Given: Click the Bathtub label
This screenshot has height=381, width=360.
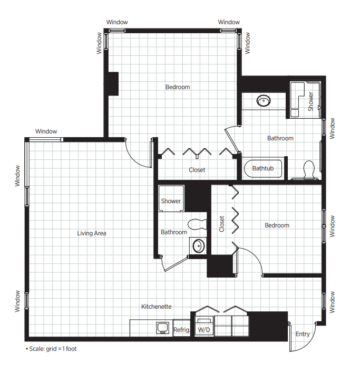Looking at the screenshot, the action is [263, 168].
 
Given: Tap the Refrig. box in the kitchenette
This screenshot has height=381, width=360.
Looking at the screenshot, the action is [181, 328].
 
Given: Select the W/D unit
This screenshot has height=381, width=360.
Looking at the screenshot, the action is [204, 326].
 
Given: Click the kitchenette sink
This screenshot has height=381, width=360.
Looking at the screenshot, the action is [163, 328].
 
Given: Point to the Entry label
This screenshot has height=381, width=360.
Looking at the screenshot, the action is [303, 334].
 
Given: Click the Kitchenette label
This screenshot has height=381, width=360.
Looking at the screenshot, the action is [157, 307].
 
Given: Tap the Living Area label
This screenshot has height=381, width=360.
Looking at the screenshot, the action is [92, 233].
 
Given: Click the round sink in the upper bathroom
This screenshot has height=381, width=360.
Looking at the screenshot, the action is [264, 101].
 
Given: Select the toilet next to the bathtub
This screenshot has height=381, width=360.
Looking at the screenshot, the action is [309, 169].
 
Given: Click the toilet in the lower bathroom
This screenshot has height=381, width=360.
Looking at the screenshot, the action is [197, 224].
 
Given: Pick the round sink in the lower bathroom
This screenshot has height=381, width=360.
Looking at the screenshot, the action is [198, 246].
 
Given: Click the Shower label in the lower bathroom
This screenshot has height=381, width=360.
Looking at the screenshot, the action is [171, 201].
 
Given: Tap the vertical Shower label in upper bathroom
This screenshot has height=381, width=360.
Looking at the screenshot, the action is [311, 101].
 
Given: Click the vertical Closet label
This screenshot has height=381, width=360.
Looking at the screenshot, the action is [221, 224].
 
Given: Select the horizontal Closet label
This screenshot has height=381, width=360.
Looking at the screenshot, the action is [197, 170].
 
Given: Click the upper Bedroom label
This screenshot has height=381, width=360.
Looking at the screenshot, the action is [178, 87].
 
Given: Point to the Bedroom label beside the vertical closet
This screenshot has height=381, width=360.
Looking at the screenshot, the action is [277, 225].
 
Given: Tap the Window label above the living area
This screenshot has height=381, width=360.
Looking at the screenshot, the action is [46, 131].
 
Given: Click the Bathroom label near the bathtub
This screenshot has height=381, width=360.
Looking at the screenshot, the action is [280, 138].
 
